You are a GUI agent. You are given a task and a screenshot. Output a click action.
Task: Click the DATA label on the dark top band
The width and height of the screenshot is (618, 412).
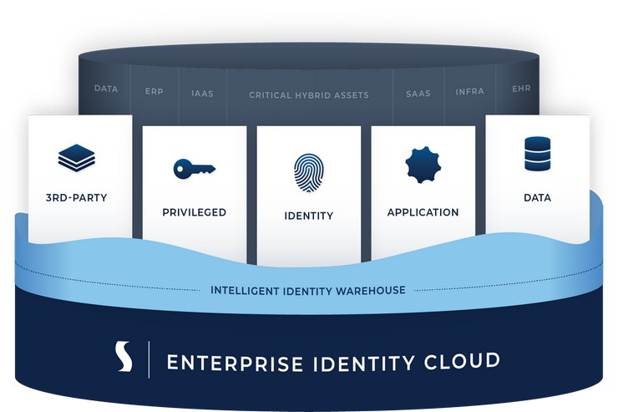click(x=105, y=88)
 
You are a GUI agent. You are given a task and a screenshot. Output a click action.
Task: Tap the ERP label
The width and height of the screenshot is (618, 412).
click(x=154, y=91)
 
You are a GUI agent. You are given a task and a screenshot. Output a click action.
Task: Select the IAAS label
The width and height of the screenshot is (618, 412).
click(x=202, y=94)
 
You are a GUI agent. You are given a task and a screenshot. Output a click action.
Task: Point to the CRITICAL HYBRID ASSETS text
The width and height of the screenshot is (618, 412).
click(x=308, y=95)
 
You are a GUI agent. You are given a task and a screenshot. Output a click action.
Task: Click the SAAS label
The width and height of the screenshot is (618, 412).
click(x=418, y=94)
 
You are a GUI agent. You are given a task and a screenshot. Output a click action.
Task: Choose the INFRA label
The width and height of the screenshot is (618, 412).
click(x=469, y=91)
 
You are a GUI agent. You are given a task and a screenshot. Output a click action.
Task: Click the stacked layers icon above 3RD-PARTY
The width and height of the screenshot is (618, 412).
click(x=77, y=157)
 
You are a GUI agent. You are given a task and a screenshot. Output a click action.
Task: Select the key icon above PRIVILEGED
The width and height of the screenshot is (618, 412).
click(x=194, y=169)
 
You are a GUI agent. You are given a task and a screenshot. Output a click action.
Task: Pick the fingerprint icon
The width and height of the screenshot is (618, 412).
click(x=308, y=172)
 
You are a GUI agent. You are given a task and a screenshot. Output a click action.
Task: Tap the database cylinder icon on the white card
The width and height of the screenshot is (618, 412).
click(x=537, y=154)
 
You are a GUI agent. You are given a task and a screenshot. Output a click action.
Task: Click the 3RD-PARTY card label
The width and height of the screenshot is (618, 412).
click(x=77, y=198)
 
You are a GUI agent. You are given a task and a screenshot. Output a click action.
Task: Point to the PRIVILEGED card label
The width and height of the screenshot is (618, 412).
click(x=194, y=212)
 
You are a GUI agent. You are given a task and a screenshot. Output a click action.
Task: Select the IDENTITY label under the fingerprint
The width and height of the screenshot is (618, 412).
click(x=308, y=216)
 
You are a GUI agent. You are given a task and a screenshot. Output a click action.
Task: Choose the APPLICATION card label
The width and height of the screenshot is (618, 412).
click(x=423, y=212)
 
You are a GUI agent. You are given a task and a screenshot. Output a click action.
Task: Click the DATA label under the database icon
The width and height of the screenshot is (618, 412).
click(x=537, y=198)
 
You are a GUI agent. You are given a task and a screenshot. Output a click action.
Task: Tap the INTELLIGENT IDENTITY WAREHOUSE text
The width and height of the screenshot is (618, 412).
click(x=308, y=291)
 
